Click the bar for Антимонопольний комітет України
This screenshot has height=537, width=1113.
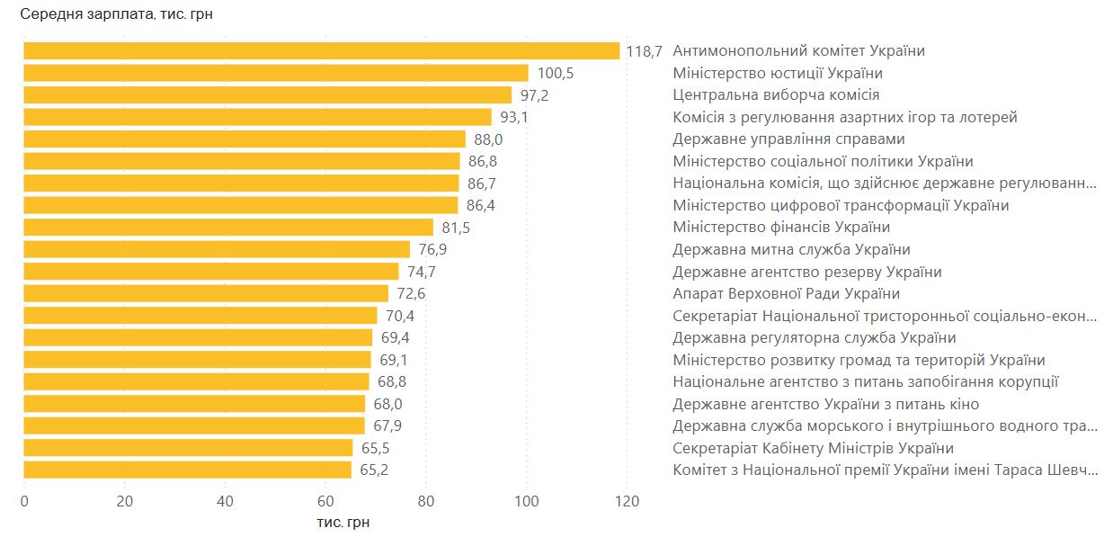click(321, 51)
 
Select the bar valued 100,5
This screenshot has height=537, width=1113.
click(275, 74)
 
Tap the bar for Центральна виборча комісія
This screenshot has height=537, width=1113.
click(267, 95)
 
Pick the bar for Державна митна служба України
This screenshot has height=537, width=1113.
click(217, 250)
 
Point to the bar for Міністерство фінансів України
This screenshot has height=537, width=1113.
click(228, 228)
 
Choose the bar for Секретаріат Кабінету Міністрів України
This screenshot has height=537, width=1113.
click(188, 448)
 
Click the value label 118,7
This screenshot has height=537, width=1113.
click(644, 51)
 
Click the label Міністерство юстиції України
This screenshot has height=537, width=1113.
click(778, 74)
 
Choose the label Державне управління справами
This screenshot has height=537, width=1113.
click(788, 139)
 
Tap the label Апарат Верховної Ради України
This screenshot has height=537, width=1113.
click(786, 294)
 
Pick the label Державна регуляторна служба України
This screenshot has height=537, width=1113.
click(814, 338)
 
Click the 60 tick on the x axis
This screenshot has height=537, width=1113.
click(325, 502)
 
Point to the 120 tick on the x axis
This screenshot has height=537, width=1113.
click(627, 502)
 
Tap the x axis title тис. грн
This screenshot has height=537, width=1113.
click(343, 523)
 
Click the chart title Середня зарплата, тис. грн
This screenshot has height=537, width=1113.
click(116, 14)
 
